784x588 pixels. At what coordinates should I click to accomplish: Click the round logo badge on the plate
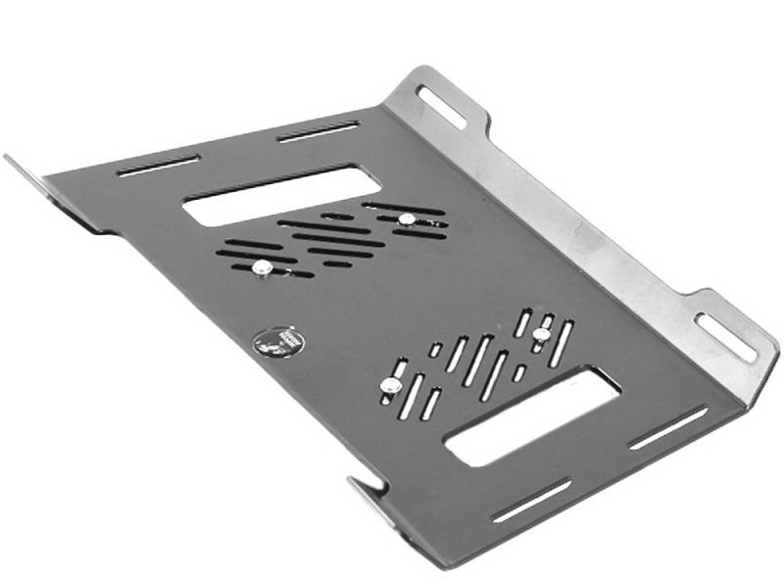(278, 342)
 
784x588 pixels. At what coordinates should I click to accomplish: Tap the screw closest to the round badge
(262, 267)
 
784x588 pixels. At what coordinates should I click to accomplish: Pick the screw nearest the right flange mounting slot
(541, 335)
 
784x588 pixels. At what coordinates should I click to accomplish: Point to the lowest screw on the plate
(390, 386)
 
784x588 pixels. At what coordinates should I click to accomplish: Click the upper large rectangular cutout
(282, 195)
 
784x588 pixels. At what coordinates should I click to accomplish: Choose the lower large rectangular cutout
(532, 416)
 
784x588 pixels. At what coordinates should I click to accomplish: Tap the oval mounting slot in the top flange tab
(441, 106)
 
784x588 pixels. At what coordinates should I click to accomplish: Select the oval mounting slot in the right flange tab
(725, 336)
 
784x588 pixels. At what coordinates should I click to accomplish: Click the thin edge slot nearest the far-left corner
(159, 166)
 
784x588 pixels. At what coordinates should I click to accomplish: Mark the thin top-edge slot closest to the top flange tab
(318, 131)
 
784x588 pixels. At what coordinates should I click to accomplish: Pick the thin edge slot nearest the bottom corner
(531, 499)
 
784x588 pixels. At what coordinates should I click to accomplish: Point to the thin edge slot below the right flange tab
(668, 428)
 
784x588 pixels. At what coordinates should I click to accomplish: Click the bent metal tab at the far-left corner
(29, 175)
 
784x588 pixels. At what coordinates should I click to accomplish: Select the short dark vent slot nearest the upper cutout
(337, 217)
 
